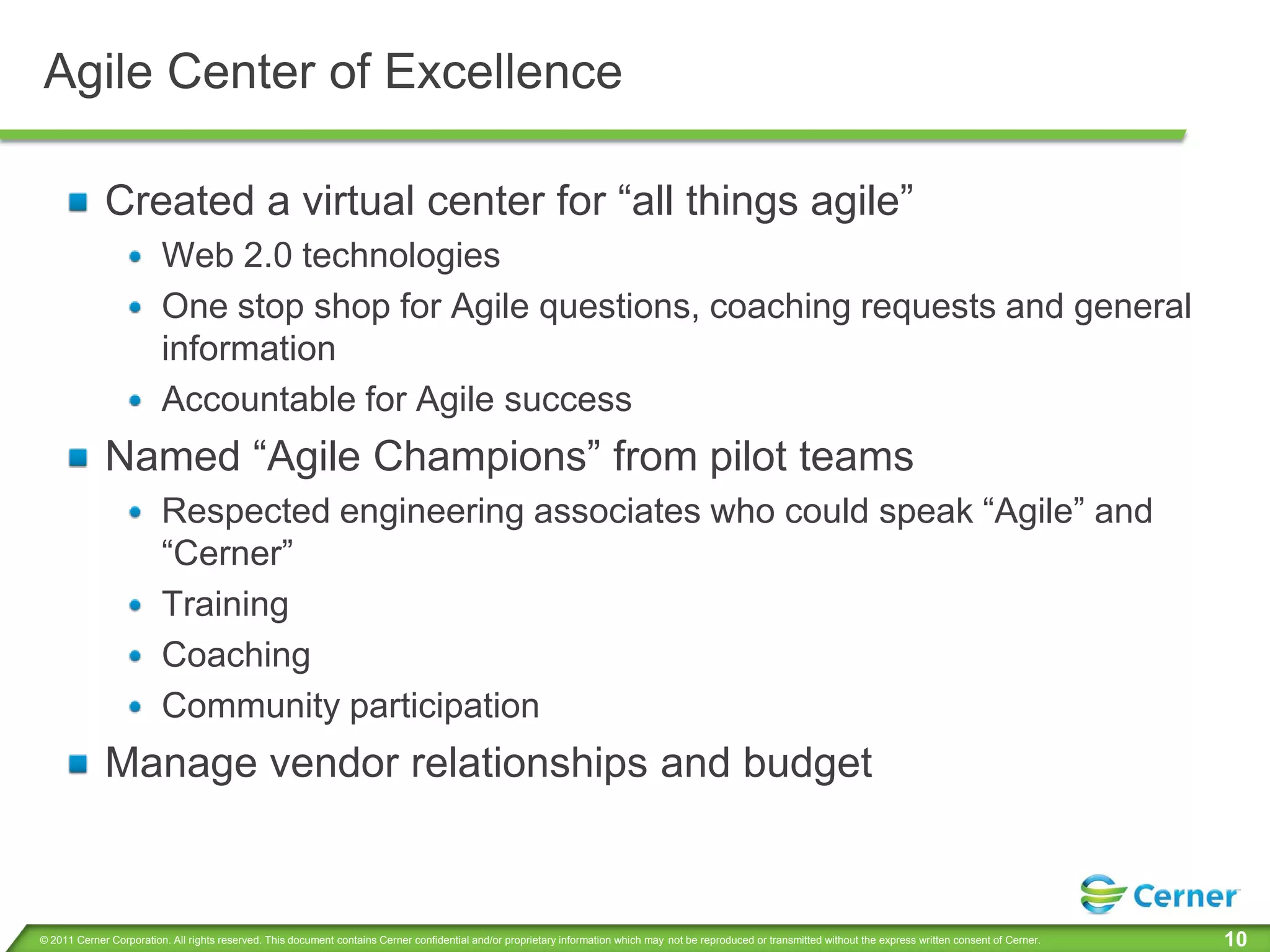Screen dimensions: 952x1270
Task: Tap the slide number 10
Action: pyautogui.click(x=1235, y=939)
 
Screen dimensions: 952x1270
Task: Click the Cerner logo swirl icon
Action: pyautogui.click(x=1103, y=894)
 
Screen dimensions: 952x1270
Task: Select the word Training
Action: pyautogui.click(x=225, y=604)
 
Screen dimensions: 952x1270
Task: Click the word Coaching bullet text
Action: pyautogui.click(x=236, y=655)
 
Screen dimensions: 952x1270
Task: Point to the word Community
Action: pyautogui.click(x=251, y=706)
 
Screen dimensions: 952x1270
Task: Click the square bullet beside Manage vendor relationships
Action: pyautogui.click(x=78, y=764)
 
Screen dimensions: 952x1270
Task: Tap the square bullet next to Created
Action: pyautogui.click(x=78, y=202)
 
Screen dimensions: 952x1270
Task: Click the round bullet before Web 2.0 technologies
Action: pyautogui.click(x=135, y=257)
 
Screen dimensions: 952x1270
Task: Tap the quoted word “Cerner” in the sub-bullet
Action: pyautogui.click(x=227, y=553)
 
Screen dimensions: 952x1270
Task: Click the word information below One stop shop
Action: pyautogui.click(x=249, y=348)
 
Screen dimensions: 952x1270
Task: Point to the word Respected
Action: pyautogui.click(x=245, y=512)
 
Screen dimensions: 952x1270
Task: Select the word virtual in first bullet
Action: pyautogui.click(x=358, y=201)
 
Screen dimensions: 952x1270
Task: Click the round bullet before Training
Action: pyautogui.click(x=135, y=606)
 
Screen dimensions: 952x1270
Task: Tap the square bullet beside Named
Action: pyautogui.click(x=78, y=458)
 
